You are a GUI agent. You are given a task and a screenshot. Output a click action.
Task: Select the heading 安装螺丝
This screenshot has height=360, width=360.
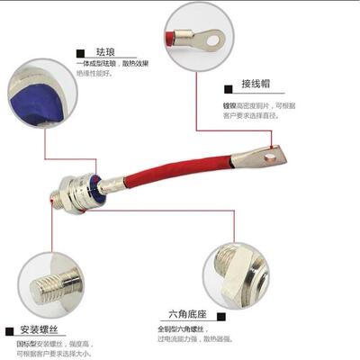pos(38,330)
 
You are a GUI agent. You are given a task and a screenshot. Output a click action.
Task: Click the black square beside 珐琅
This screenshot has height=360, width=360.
pos(81,52)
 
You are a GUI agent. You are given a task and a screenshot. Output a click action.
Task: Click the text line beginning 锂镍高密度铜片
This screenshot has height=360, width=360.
pos(261,104)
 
